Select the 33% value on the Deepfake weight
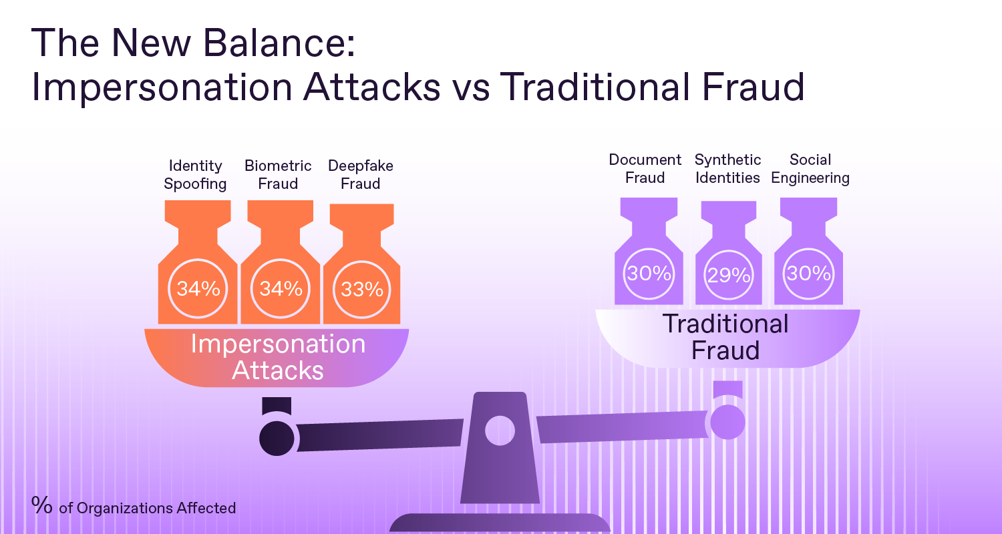click(x=362, y=290)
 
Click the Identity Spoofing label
click(x=195, y=175)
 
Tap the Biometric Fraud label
click(x=278, y=175)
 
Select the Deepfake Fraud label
click(x=361, y=175)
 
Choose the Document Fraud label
click(x=645, y=168)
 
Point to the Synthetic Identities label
click(x=728, y=168)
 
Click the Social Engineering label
click(x=810, y=168)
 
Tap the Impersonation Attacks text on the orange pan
click(x=278, y=357)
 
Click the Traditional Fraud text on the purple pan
click(x=725, y=337)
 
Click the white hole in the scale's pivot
click(x=500, y=431)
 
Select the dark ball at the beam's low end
click(x=277, y=439)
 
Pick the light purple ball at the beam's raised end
click(x=728, y=422)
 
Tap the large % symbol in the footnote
click(x=41, y=505)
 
